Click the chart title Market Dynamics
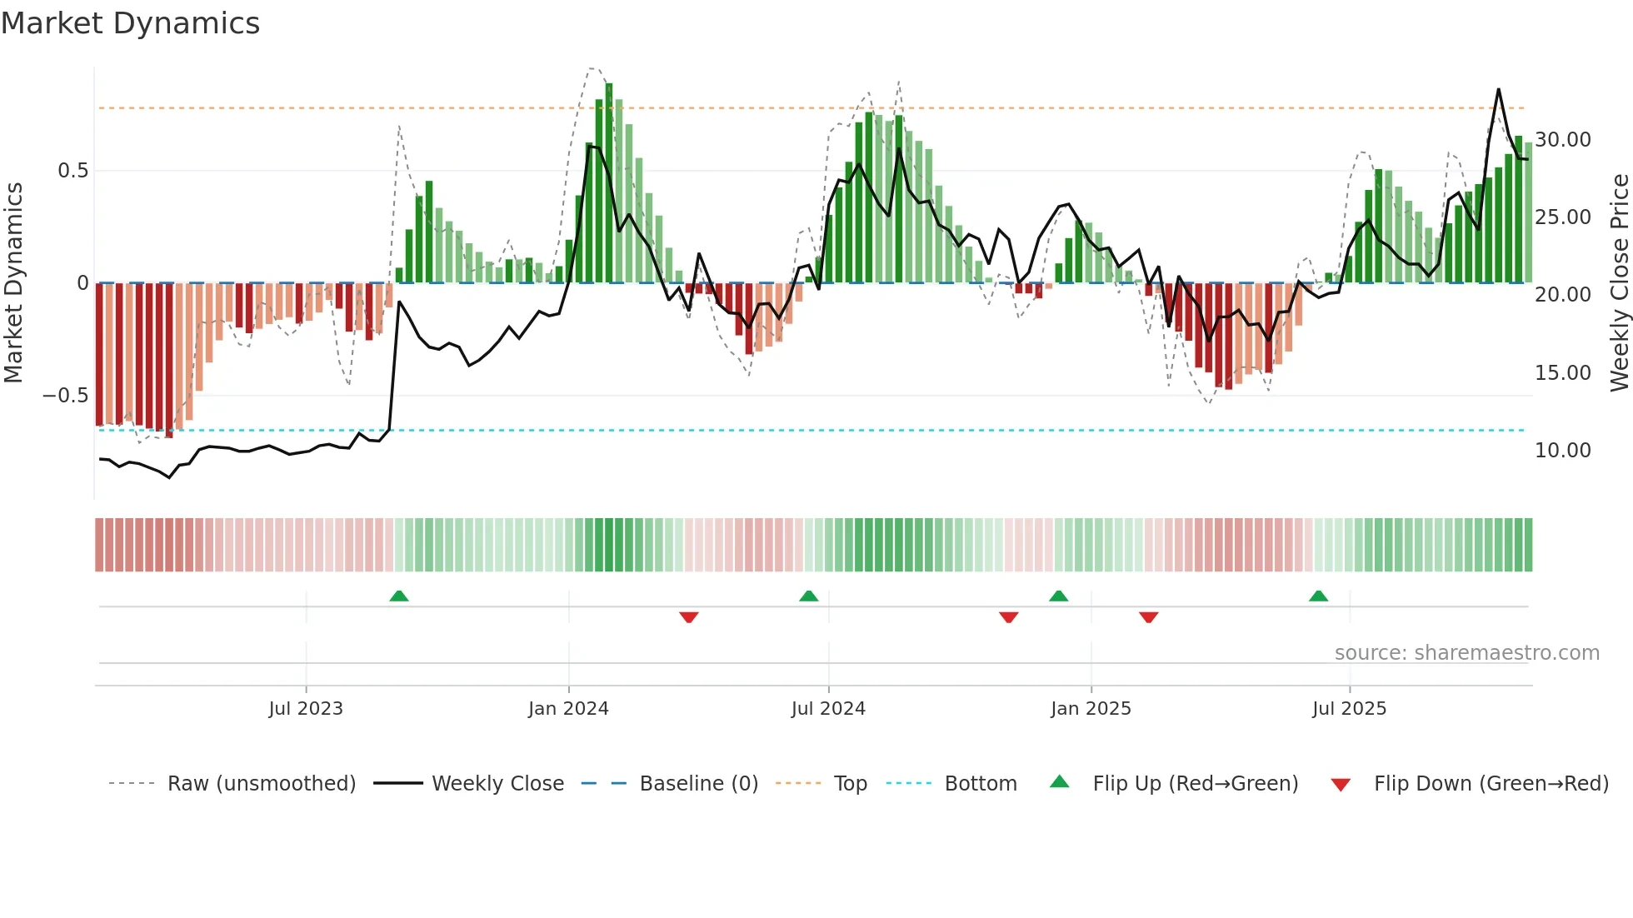click(x=130, y=23)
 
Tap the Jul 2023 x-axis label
click(x=306, y=709)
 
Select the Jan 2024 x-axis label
click(x=568, y=709)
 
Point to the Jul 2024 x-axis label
click(x=828, y=709)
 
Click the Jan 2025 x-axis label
click(x=1091, y=709)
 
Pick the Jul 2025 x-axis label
click(x=1349, y=709)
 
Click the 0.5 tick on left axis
click(x=72, y=171)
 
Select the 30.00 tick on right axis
click(x=1563, y=140)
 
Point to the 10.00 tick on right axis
click(x=1563, y=451)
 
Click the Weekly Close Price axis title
click(x=1620, y=283)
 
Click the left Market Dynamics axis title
click(x=13, y=283)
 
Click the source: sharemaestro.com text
click(x=1466, y=653)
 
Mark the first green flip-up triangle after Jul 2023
click(x=399, y=596)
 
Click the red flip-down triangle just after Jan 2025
click(x=1148, y=617)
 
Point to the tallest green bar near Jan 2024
click(x=609, y=183)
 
